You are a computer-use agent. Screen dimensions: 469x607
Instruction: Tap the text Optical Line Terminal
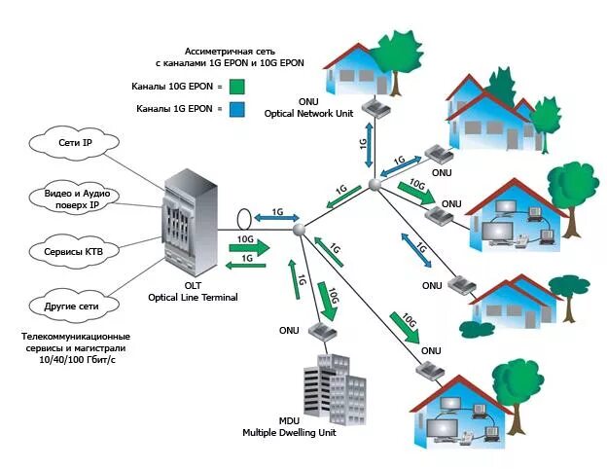193,298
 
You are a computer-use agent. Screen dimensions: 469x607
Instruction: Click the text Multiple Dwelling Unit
289,432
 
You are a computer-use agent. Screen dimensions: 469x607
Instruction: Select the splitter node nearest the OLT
299,229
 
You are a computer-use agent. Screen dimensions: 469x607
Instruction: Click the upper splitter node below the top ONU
374,184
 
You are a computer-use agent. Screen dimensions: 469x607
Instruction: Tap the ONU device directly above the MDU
322,330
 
